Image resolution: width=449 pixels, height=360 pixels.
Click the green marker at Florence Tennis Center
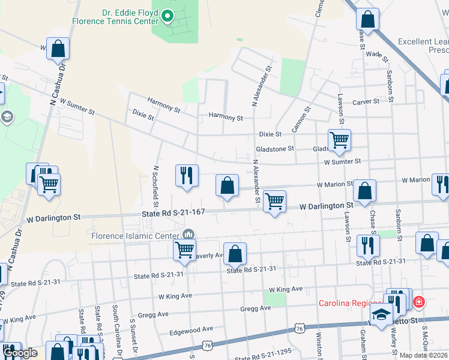(x=168, y=17)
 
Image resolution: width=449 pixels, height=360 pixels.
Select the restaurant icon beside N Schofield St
(x=187, y=175)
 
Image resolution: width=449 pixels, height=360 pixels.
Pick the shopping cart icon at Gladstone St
(x=339, y=140)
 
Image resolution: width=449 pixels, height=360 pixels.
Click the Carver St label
(x=366, y=102)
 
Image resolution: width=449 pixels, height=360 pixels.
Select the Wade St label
(x=375, y=54)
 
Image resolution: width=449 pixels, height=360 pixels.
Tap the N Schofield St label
(x=155, y=183)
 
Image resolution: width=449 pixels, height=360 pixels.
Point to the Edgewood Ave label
(x=191, y=329)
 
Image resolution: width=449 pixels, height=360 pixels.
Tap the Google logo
(x=20, y=353)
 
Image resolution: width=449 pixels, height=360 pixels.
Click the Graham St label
(x=363, y=339)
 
